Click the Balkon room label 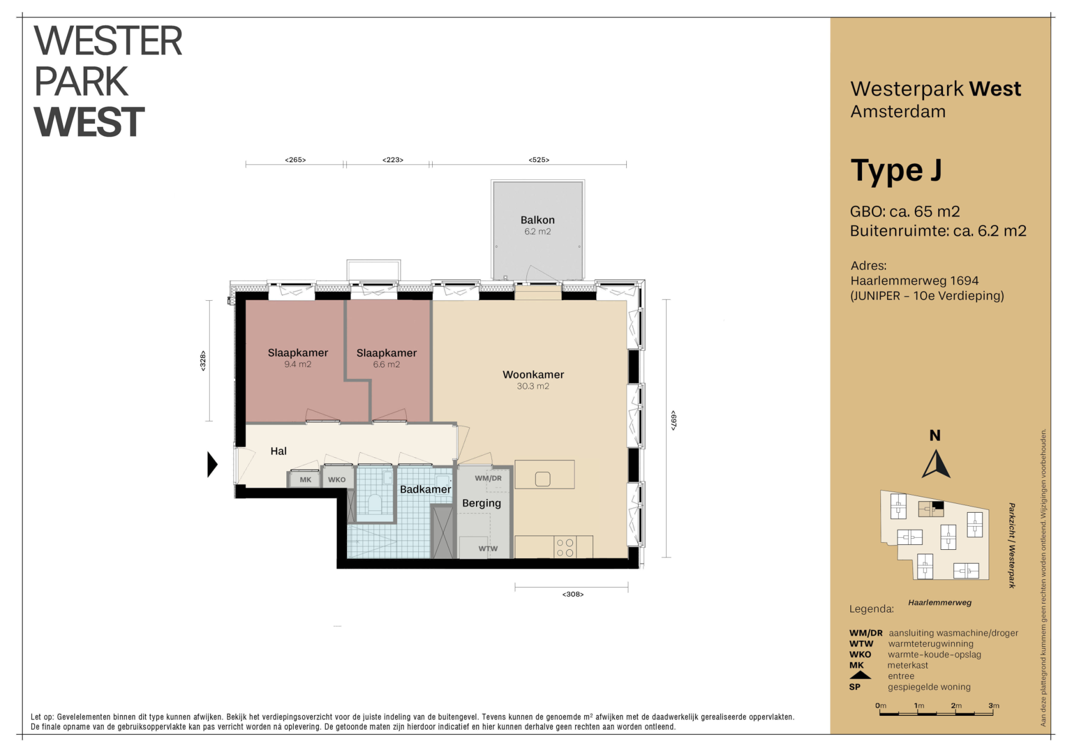point(537,220)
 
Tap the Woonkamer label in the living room point(533,375)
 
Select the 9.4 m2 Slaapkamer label point(298,353)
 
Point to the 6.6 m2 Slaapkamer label point(387,353)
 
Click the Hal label point(278,451)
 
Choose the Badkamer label point(425,489)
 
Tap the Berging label point(481,503)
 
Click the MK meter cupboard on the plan point(305,479)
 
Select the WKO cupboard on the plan point(337,479)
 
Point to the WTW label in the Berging point(488,549)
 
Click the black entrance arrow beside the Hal point(212,464)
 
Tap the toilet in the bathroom point(375,503)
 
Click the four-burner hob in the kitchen point(565,547)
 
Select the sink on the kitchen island point(542,479)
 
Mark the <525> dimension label point(539,160)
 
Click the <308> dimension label point(573,594)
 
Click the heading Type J point(896,171)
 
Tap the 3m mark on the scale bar point(993,706)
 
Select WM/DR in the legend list point(865,633)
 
